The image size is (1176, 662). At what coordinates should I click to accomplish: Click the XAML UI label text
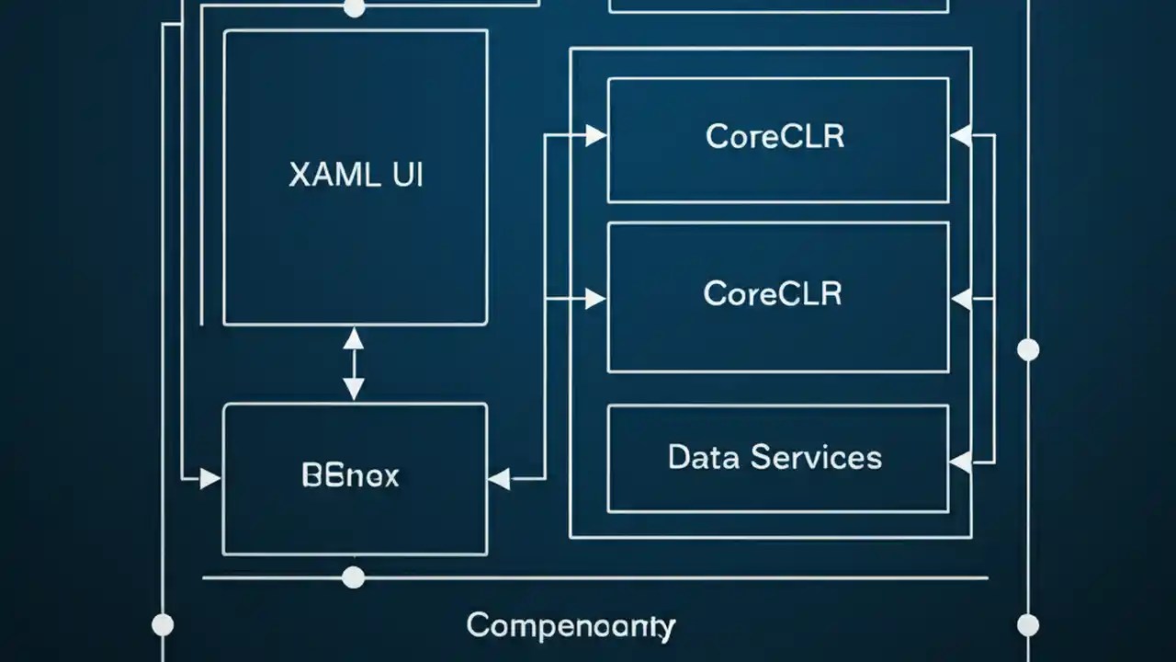[356, 175]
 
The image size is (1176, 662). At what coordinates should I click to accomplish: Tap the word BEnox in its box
[350, 475]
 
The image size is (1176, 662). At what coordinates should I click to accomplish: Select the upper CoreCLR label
[775, 136]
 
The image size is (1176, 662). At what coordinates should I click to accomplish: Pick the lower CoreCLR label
[773, 293]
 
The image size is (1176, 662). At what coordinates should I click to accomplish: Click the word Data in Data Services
[704, 457]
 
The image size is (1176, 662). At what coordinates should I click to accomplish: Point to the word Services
[815, 457]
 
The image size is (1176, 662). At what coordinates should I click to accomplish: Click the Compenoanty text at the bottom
[571, 626]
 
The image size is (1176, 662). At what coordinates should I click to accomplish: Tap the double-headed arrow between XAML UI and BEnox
[354, 364]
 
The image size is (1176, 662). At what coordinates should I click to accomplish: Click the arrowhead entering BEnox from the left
[210, 478]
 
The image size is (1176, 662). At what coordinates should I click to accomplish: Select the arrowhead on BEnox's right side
[499, 478]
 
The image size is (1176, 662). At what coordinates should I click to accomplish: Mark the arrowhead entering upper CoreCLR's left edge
[595, 136]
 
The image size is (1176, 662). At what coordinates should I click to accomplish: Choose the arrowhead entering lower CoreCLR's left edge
[595, 298]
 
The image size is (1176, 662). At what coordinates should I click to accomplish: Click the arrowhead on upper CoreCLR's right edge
[961, 136]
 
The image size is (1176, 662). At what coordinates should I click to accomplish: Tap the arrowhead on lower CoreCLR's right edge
[961, 298]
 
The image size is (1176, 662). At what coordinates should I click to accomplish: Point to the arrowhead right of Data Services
[961, 462]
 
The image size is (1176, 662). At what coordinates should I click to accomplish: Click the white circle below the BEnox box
[353, 577]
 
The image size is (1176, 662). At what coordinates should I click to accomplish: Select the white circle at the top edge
[354, 7]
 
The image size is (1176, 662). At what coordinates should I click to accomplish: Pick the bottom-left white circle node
[163, 625]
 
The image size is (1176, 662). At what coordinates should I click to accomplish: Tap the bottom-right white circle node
[1028, 625]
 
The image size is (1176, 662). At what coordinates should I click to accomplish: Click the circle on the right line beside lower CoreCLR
[1028, 349]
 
